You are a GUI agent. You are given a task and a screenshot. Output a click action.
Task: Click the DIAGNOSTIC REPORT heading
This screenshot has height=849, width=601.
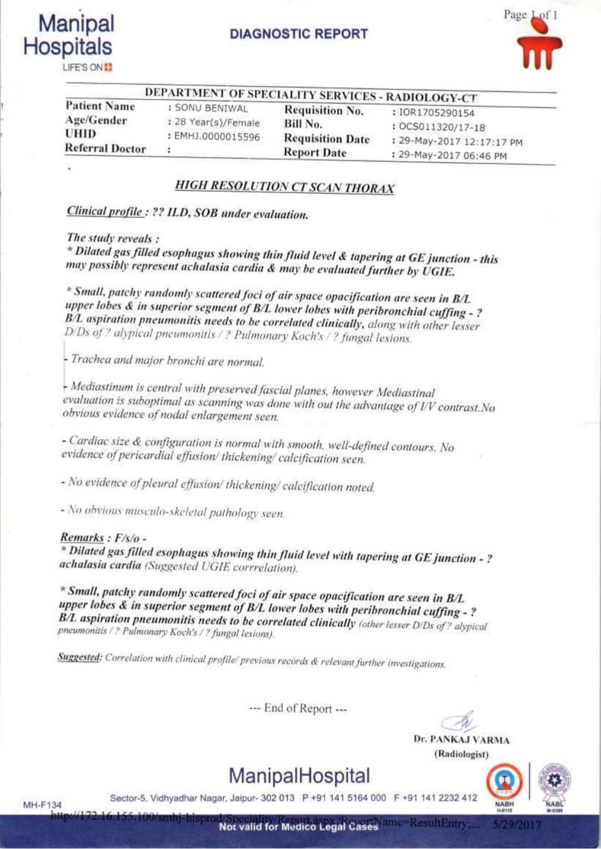click(x=299, y=34)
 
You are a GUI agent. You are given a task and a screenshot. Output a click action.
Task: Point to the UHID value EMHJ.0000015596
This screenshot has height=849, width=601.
click(x=217, y=137)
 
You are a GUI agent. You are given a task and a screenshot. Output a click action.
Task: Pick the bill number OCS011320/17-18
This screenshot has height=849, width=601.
click(x=442, y=128)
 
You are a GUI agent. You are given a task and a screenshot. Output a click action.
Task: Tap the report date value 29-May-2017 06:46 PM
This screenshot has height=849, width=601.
click(x=453, y=156)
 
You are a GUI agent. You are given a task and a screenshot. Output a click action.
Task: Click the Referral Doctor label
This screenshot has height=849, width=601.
click(x=106, y=149)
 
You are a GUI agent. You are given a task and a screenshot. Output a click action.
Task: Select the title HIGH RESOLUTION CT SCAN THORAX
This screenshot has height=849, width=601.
click(x=284, y=187)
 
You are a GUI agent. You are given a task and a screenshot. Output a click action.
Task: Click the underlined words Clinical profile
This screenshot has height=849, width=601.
click(x=105, y=212)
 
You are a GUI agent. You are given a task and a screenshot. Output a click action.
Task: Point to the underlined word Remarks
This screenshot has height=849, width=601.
click(x=82, y=537)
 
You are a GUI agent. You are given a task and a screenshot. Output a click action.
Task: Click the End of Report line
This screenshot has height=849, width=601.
click(x=298, y=709)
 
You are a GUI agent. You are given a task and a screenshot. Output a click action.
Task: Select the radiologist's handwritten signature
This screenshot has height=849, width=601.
click(x=461, y=722)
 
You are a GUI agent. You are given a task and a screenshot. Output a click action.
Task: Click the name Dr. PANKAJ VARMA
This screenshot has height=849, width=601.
click(x=461, y=740)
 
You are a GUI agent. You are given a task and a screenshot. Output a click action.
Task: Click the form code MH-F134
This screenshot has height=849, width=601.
click(x=43, y=805)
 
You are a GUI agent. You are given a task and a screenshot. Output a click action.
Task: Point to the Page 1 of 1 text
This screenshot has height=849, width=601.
click(x=530, y=15)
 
